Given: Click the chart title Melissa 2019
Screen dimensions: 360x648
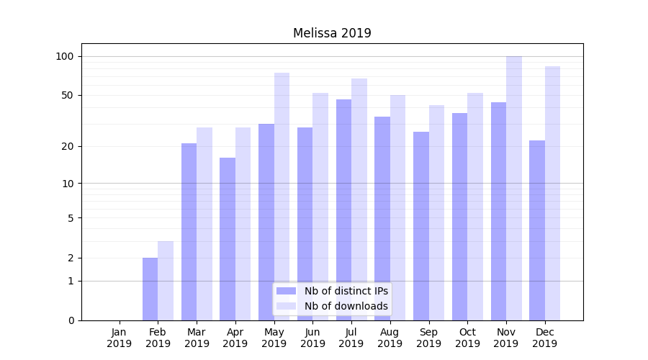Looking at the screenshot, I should tap(332, 33).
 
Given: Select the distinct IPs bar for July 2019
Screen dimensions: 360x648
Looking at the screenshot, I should tap(343, 210).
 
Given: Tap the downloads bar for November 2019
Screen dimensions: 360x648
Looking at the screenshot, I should tap(514, 188).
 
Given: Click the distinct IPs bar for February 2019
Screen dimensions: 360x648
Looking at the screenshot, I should tap(150, 289).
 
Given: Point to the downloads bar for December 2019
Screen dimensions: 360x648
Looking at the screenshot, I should tap(553, 193).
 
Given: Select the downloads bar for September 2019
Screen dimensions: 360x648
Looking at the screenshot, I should tap(436, 212).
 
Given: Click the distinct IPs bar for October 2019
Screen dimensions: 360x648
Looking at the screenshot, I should tap(459, 217).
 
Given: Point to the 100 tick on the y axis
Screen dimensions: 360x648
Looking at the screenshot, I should tap(65, 56).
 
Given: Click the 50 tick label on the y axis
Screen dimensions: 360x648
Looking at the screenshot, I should tap(68, 95).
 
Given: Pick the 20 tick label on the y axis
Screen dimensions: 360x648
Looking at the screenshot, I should tap(68, 146).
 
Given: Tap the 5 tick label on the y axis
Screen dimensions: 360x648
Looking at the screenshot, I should tap(71, 217).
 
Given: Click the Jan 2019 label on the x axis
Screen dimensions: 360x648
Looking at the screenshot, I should tap(120, 338).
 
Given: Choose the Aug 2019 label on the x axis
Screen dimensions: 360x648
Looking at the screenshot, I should tap(390, 338).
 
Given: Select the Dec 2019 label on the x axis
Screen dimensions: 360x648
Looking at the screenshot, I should tap(545, 338).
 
